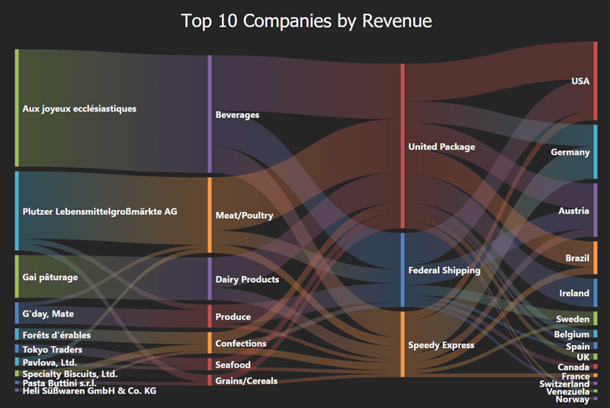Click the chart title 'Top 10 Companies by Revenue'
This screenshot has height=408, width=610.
[306, 21]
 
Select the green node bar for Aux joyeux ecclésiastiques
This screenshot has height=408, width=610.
[16, 108]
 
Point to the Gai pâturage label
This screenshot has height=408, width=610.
[50, 277]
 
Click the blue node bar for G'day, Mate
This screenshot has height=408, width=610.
[16, 313]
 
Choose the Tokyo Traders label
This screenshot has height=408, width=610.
[53, 349]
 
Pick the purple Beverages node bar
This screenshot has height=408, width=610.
[210, 114]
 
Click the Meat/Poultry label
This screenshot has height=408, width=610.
[244, 216]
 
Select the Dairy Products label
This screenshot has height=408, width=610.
[248, 280]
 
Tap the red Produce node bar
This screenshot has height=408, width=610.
[210, 316]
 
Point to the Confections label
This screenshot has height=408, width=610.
[241, 343]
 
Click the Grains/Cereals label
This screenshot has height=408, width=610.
[246, 381]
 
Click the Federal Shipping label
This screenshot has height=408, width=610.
[444, 270]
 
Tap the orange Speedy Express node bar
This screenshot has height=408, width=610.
[403, 344]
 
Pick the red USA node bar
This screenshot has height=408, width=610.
[596, 80]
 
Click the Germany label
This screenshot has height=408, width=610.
[570, 153]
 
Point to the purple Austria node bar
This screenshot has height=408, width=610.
[596, 210]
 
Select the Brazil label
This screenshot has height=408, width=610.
[577, 259]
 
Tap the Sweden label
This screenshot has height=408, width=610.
[573, 319]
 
